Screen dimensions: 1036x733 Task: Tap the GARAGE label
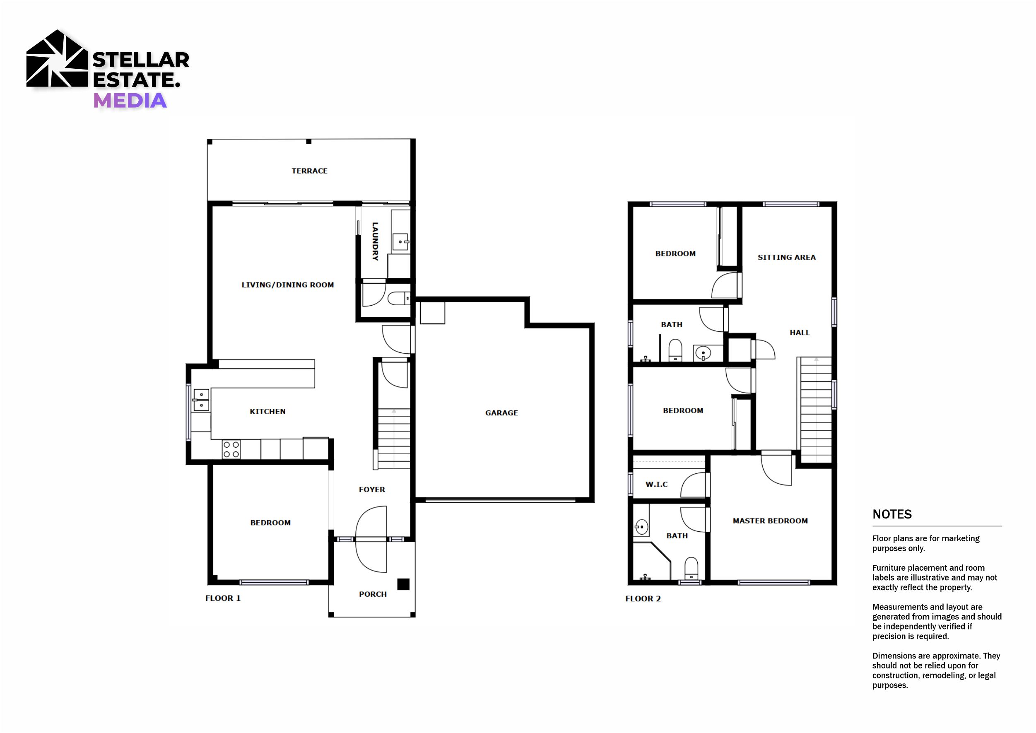point(501,412)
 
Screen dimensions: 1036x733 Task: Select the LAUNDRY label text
point(375,241)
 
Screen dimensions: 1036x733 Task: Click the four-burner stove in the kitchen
point(231,450)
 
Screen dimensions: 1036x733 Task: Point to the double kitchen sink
point(201,400)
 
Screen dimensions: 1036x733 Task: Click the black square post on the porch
point(403,584)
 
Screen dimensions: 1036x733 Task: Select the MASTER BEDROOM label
point(770,521)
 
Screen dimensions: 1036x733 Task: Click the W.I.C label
point(657,484)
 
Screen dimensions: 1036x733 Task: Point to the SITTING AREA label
point(786,257)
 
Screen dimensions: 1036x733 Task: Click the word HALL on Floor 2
point(800,333)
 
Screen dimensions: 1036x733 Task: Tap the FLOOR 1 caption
point(223,598)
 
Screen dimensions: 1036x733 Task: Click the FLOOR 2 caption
point(643,598)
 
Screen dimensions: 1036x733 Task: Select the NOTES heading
point(892,514)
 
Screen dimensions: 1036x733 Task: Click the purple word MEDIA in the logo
point(130,101)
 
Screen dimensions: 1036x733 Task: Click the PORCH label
point(373,594)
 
